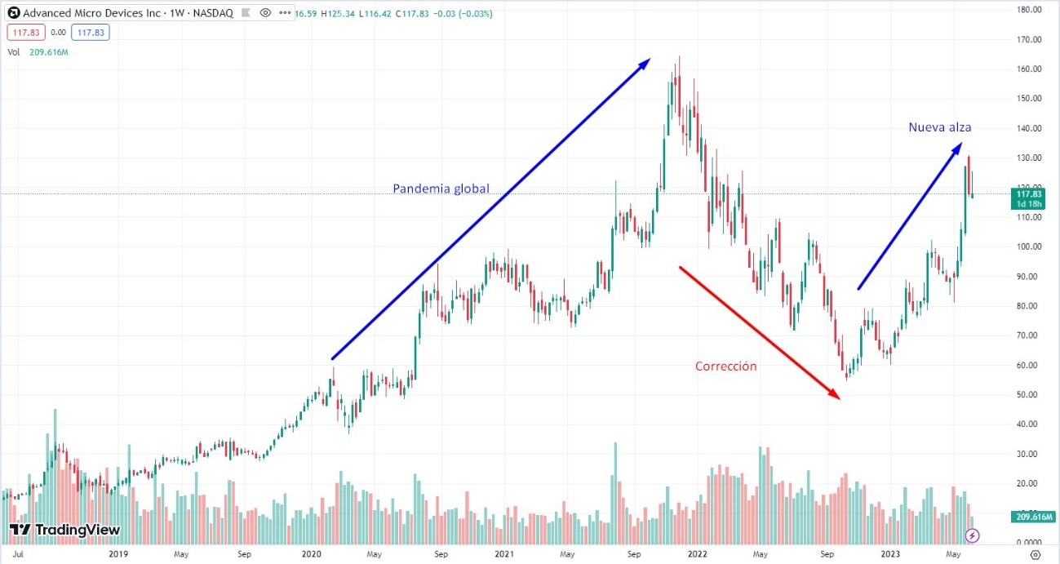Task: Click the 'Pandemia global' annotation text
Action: click(x=441, y=189)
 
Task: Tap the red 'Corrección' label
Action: click(x=725, y=366)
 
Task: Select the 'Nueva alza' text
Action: click(x=939, y=127)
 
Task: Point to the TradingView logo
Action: click(x=65, y=530)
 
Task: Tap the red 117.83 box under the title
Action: click(x=24, y=33)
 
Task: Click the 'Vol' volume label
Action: click(x=13, y=51)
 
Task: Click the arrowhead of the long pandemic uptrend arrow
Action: click(x=646, y=61)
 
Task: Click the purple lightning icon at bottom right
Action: click(x=972, y=535)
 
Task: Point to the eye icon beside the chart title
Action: click(x=265, y=13)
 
